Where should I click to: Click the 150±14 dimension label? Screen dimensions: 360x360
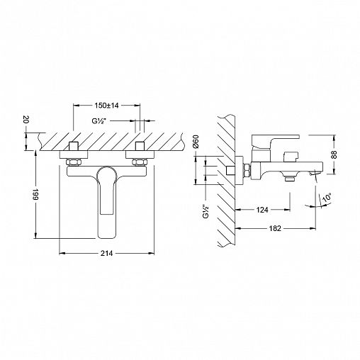[106, 106]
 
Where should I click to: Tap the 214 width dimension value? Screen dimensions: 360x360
[107, 254]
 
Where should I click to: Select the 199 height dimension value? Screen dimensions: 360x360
[35, 195]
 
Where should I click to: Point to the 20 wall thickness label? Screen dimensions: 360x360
[26, 120]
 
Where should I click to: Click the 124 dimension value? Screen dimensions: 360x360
[262, 210]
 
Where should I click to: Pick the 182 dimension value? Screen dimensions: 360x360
[275, 228]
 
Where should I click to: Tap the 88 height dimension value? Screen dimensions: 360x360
[334, 154]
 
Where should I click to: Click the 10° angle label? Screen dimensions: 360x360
[327, 197]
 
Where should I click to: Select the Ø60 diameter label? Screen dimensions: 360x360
[196, 142]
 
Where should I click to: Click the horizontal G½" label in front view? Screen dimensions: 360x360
[98, 121]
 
